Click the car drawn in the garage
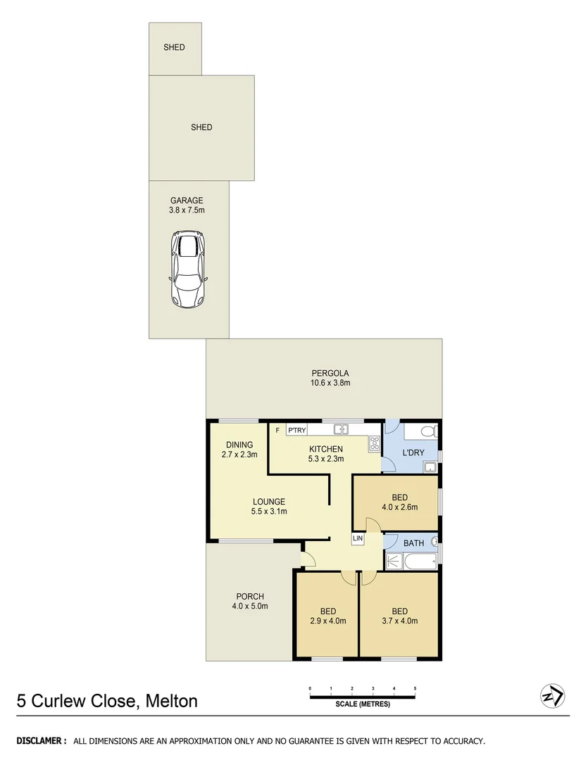[x=187, y=270]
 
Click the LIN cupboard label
[x=358, y=538]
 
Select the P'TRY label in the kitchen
[x=296, y=430]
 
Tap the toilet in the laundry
[x=427, y=431]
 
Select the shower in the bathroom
[x=394, y=561]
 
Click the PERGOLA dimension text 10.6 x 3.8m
[x=330, y=384]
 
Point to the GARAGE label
[x=187, y=201]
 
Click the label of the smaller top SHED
[x=174, y=48]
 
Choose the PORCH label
[x=250, y=597]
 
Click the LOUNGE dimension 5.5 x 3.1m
[x=269, y=512]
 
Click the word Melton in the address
[x=172, y=701]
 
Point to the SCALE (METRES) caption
[x=362, y=704]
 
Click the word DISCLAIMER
[x=41, y=741]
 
